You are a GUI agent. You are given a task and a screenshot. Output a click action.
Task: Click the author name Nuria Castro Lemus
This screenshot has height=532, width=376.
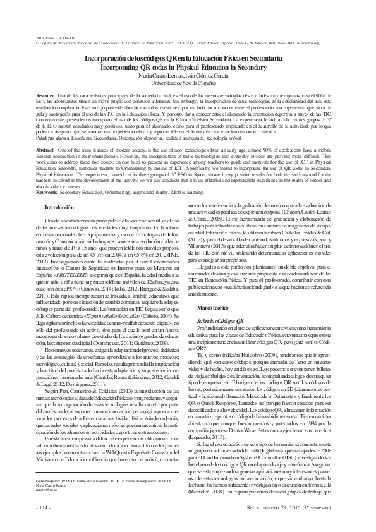[x=167, y=74]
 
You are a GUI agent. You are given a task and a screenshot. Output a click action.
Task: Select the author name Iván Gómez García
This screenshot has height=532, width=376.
[x=209, y=74]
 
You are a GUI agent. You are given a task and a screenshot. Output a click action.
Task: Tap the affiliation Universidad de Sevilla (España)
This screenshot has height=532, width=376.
[x=188, y=82]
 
